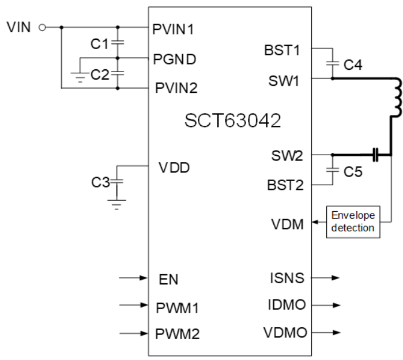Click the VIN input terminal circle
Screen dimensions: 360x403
pyautogui.click(x=42, y=27)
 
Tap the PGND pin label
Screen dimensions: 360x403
pyautogui.click(x=174, y=59)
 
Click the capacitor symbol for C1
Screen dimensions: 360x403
pyautogui.click(x=118, y=43)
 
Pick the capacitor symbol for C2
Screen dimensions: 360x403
pyautogui.click(x=118, y=73)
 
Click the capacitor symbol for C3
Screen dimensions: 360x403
pyautogui.click(x=118, y=181)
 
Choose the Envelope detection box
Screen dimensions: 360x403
pyautogui.click(x=352, y=222)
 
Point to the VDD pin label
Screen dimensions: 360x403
pyautogui.click(x=174, y=168)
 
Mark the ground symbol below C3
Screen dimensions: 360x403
pyautogui.click(x=118, y=202)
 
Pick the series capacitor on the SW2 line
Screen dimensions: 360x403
pyautogui.click(x=375, y=155)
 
